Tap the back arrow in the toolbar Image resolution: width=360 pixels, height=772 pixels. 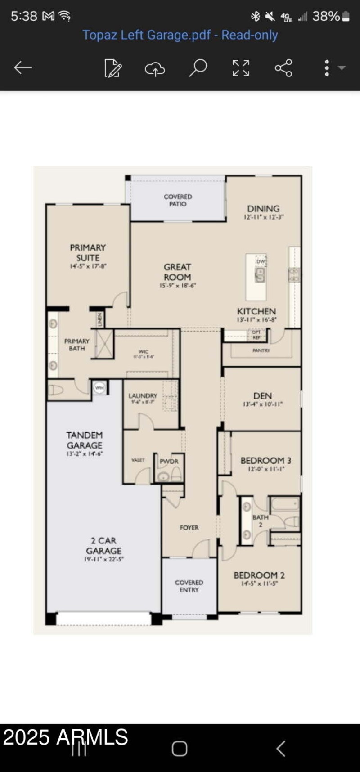(x=23, y=68)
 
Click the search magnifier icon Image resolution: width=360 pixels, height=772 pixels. (x=198, y=68)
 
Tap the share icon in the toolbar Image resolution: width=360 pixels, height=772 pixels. (x=283, y=68)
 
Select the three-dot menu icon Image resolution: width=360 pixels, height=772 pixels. (x=327, y=68)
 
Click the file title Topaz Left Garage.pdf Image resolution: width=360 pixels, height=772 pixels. (x=180, y=35)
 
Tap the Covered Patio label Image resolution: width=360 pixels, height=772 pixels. (x=178, y=200)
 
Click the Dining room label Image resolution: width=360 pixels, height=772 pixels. (x=263, y=209)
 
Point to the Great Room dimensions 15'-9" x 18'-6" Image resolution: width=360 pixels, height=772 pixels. (x=177, y=286)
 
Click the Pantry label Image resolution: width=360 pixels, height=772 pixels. (x=261, y=350)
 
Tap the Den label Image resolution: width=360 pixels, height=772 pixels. (x=262, y=396)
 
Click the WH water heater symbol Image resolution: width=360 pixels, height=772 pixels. (x=99, y=387)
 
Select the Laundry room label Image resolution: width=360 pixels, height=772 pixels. (x=143, y=395)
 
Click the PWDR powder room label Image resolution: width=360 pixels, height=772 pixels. (x=169, y=462)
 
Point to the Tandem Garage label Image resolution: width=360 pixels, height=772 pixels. (x=85, y=440)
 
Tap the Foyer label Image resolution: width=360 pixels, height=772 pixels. (x=189, y=527)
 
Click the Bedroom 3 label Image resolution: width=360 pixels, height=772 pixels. (x=265, y=461)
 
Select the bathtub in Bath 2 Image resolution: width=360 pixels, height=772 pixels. (x=285, y=504)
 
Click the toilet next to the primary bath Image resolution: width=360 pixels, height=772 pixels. (x=56, y=390)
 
